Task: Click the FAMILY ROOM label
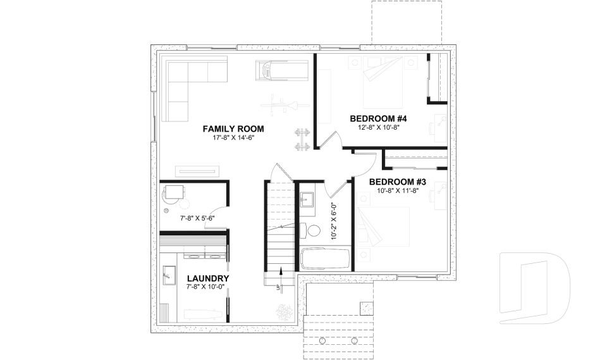[233, 129]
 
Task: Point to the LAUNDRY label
[208, 278]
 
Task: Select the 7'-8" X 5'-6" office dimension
[198, 218]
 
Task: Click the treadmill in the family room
[282, 70]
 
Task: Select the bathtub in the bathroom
[324, 259]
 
